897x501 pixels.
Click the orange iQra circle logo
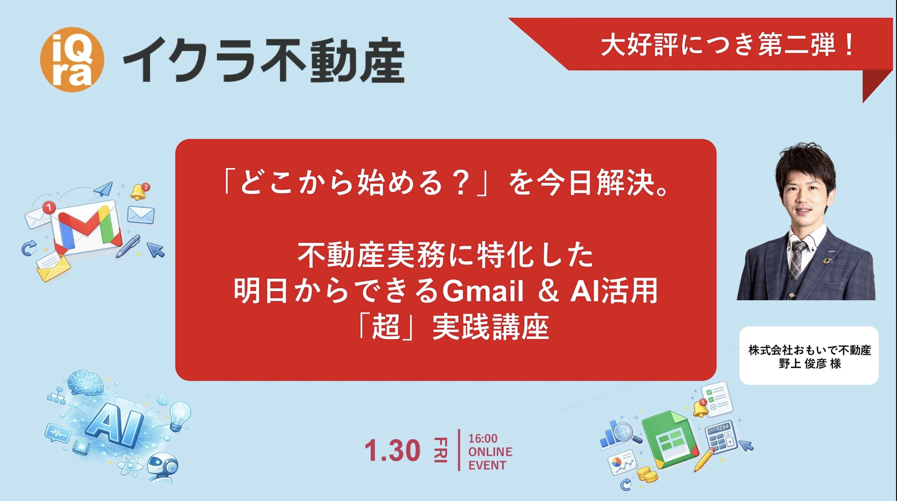coord(72,59)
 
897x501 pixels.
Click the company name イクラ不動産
coord(264,61)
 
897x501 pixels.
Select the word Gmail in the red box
coord(483,291)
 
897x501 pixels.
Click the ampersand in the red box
coord(548,291)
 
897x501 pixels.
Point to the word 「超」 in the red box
coord(386,327)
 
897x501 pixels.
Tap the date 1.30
coord(392,450)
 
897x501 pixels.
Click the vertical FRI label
coord(440,450)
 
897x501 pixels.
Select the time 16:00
coord(482,439)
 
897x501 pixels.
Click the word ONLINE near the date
coord(490,452)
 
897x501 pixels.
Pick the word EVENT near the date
coord(487,465)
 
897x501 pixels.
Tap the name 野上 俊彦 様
coord(810,364)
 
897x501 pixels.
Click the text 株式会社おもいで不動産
coord(810,350)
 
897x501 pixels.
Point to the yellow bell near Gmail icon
coord(139,192)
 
